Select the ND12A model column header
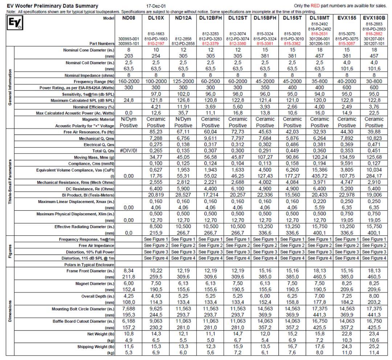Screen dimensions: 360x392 coord(184,18)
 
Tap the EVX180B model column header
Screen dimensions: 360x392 coord(374,18)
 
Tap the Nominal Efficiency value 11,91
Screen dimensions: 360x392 coord(184,107)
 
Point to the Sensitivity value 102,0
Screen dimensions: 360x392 coord(184,94)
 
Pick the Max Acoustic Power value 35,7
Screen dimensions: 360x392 coord(184,113)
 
